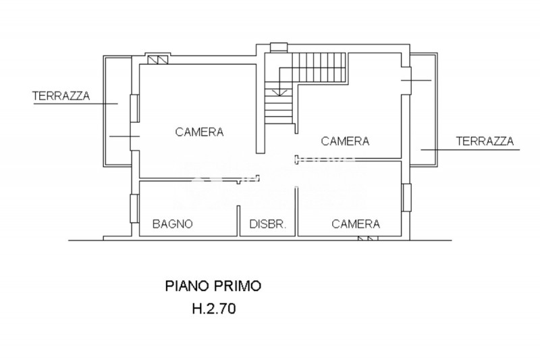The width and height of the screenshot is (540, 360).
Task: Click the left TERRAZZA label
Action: click(x=61, y=96)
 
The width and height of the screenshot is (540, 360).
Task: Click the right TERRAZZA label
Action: click(x=485, y=141)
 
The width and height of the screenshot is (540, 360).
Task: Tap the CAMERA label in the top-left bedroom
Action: click(x=199, y=132)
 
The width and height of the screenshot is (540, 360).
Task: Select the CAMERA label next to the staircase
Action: click(x=345, y=141)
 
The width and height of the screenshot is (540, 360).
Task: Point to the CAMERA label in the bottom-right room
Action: click(x=356, y=224)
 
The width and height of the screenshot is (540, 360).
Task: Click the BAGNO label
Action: click(x=173, y=224)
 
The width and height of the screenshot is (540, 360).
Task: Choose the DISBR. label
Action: click(x=269, y=224)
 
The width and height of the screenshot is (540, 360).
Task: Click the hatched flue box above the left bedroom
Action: click(x=156, y=60)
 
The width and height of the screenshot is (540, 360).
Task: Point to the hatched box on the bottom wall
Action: click(x=368, y=238)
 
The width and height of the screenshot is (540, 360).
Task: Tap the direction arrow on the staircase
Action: click(x=277, y=88)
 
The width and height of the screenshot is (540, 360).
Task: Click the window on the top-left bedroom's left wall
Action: click(x=135, y=108)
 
